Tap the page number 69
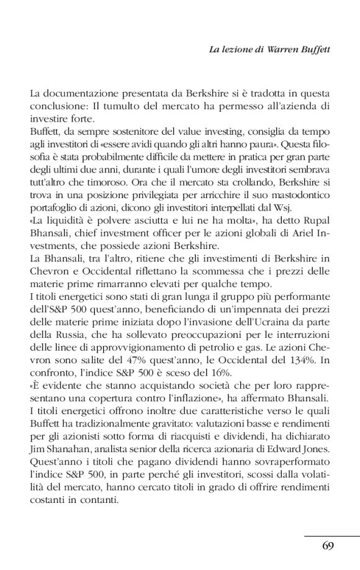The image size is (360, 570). pyautogui.click(x=329, y=546)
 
